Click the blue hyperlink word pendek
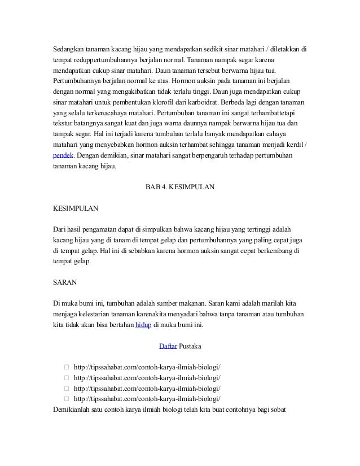63,155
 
